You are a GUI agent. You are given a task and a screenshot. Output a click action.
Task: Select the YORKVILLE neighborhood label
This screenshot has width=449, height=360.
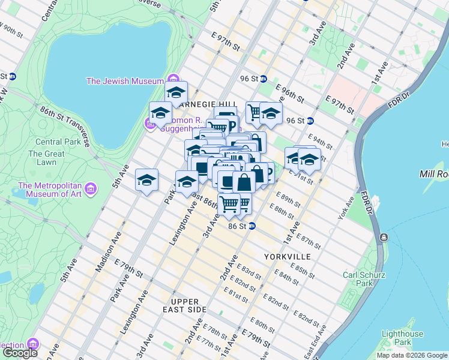click(287, 256)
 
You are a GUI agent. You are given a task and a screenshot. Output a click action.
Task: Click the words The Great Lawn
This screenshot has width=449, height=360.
click(46, 158)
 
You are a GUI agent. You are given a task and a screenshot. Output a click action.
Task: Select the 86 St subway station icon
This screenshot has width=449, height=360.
click(252, 226)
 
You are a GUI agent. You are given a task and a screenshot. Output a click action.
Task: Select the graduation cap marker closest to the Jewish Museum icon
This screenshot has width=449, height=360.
click(176, 92)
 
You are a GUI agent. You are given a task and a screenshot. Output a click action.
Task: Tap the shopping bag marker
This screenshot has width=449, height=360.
click(244, 182)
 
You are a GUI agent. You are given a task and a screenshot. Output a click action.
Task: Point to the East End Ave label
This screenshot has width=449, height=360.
click(319, 340)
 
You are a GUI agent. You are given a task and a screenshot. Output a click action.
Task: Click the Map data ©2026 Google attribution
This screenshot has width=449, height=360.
click(412, 355)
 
